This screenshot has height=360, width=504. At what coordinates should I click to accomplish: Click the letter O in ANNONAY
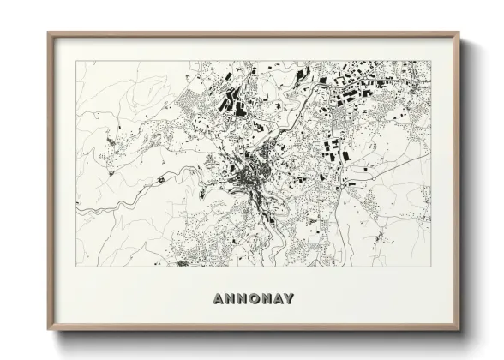[x=254, y=299]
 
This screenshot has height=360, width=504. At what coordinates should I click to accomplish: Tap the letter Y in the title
[x=289, y=299]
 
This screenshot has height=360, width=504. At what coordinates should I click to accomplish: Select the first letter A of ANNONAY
[x=217, y=299]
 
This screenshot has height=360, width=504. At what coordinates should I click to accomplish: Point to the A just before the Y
[x=278, y=299]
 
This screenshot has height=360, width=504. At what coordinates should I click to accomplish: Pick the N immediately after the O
[x=267, y=299]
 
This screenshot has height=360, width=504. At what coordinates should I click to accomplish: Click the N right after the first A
[x=229, y=299]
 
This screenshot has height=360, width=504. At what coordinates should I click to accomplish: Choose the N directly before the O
[x=241, y=299]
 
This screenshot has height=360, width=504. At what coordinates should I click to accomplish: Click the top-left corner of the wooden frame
[x=48, y=33]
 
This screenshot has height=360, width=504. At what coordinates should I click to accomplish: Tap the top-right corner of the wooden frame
[x=459, y=33]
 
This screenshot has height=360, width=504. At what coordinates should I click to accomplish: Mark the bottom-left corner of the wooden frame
[x=48, y=329]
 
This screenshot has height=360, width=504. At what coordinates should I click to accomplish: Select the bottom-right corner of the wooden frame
[x=459, y=329]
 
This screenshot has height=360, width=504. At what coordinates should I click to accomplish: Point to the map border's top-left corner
[x=76, y=61]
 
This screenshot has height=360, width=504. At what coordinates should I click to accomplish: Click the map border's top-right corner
[x=430, y=61]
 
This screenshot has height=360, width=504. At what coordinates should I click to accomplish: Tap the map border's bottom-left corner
[x=76, y=267]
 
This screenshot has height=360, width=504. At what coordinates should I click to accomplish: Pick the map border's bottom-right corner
[x=430, y=267]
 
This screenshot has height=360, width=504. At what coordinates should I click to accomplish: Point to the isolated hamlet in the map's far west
[x=108, y=137]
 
